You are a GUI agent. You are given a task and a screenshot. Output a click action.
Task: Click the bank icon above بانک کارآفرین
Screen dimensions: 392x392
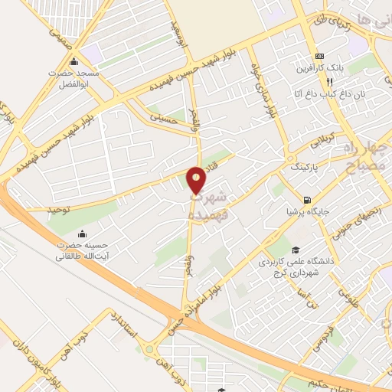[320, 57]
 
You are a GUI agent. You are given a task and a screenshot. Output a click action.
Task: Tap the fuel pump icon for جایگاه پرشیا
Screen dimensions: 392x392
[307, 198]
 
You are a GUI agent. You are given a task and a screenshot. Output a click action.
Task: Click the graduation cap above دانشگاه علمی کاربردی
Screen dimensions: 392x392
[295, 250]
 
